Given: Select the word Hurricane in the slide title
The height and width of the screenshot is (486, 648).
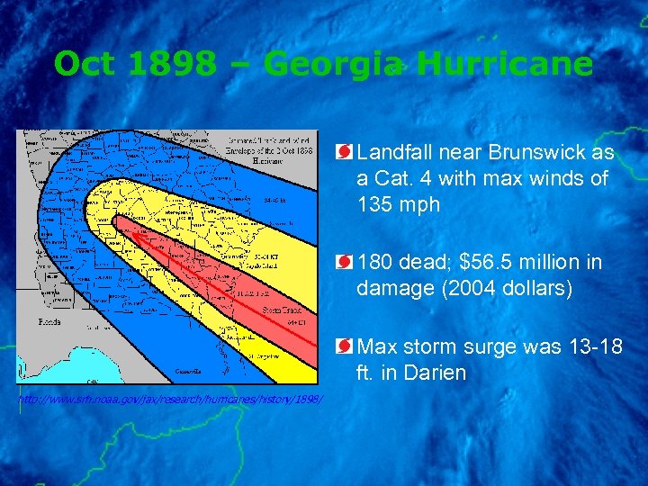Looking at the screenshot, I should [x=505, y=64].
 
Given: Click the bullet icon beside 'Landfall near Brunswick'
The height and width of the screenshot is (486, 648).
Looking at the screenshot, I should [x=345, y=153].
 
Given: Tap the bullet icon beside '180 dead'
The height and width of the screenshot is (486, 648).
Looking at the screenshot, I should [x=345, y=263].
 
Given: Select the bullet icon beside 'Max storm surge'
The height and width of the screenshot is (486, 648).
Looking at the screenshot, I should [x=345, y=346].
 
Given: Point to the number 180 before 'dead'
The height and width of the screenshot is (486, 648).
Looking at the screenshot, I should [x=375, y=263].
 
